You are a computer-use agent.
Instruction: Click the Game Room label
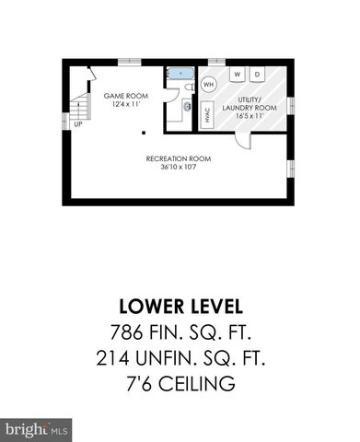pos(124,95)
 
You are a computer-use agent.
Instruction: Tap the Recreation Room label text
pos(180,157)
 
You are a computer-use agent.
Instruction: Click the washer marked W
pos(238,73)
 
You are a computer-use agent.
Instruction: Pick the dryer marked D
pos(258,73)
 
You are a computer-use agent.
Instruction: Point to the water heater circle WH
pos(209,84)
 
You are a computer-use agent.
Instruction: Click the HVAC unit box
pos(207,115)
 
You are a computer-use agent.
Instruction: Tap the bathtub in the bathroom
pos(180,72)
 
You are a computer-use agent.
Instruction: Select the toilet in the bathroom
pos(188,87)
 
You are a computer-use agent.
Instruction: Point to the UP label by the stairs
pos(77,123)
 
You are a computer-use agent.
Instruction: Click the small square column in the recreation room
pos(142,133)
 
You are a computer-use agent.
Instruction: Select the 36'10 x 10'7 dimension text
pos(180,167)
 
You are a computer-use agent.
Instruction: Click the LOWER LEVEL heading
pos(180,305)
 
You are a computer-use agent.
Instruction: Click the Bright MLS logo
pos(37,428)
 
